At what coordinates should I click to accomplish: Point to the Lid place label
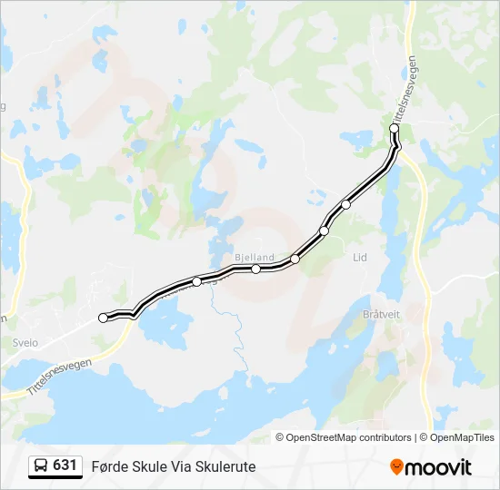point(360,258)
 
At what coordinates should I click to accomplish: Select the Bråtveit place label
point(380,314)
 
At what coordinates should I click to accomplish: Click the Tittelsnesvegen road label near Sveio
point(60,376)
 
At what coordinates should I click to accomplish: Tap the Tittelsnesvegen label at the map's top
point(406,90)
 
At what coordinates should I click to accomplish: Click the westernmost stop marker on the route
point(103,318)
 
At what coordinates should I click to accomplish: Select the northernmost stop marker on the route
point(395,129)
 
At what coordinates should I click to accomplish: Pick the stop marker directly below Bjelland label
point(256,269)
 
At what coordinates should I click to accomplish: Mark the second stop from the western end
point(196,281)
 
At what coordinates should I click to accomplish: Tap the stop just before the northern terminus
point(345,204)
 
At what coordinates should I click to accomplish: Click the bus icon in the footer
point(41,466)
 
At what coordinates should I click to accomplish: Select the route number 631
point(65,465)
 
